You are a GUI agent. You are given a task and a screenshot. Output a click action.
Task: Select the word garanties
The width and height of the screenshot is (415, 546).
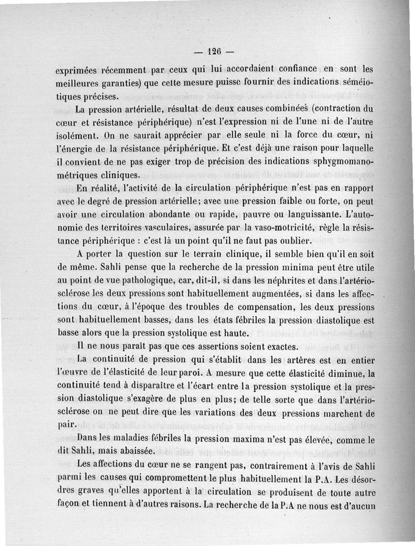click(x=132, y=83)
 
